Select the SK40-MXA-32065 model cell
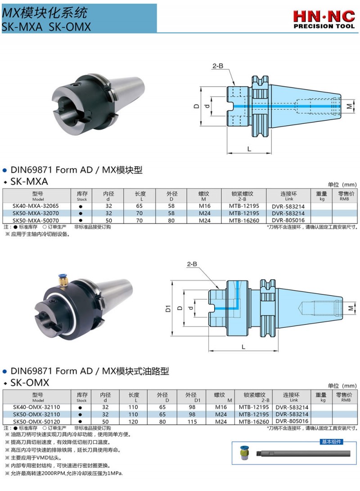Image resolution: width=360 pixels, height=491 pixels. coord(36,206)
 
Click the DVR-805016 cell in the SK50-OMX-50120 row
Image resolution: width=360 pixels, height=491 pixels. coord(292,421)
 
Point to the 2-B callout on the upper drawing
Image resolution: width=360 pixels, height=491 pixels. coord(218,66)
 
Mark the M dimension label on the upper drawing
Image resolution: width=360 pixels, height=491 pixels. coord(350,107)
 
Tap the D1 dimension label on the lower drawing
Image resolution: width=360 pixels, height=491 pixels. coord(167,309)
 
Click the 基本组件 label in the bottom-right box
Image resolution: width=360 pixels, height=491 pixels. coord(331,442)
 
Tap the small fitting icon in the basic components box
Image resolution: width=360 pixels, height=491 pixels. coord(244,454)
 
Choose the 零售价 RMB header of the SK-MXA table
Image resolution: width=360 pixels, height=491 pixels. coord(344,196)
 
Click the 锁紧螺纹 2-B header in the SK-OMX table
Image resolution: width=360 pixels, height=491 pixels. coord(254,397)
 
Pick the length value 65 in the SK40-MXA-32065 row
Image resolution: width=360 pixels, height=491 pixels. coord(140,206)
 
